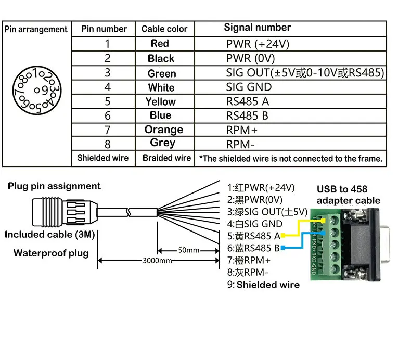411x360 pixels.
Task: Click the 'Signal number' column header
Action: coord(257,28)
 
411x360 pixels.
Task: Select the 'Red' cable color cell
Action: coord(160,44)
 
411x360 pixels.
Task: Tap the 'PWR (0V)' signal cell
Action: coord(250,58)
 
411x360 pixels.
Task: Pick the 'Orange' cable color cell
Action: coord(164,130)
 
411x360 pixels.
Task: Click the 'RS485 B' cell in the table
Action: coord(247,115)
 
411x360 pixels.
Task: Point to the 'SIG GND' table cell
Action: coord(249,87)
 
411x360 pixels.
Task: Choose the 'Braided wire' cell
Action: coord(167,158)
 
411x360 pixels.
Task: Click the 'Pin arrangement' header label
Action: coord(36,29)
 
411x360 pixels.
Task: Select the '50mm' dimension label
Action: coord(188,250)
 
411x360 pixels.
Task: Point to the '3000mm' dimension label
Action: coord(158,260)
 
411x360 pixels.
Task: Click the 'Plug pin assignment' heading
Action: coord(54,186)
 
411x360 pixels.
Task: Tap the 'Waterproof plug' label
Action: coord(51,253)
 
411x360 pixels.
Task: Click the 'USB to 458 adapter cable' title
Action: coord(349,195)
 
